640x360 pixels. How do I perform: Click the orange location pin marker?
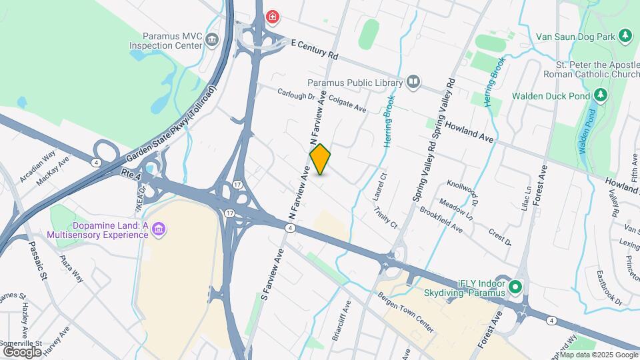point(321,159)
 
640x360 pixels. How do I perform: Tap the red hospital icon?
point(272,17)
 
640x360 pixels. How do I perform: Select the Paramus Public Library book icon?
point(413,83)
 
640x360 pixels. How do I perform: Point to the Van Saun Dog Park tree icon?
point(625,35)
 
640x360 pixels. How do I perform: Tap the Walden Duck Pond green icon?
point(601,95)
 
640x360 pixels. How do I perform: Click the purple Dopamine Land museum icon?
point(159,230)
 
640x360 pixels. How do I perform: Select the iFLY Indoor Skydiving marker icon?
point(515,288)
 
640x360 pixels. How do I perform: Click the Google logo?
point(22,351)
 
